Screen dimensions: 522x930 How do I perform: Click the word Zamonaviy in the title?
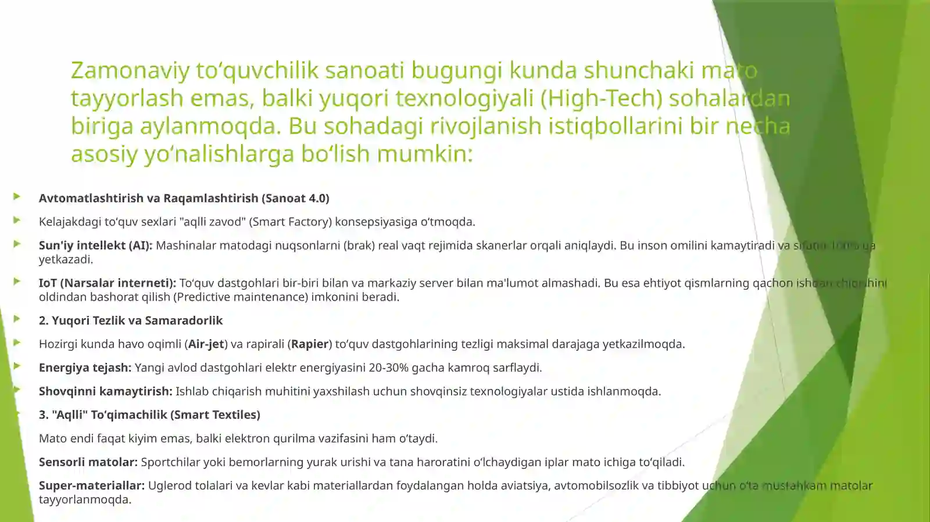[x=130, y=70]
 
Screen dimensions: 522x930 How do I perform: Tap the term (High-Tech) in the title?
[x=601, y=98]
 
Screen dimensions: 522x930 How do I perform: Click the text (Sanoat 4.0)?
[x=295, y=199]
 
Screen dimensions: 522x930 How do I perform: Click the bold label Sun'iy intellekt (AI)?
[x=95, y=246]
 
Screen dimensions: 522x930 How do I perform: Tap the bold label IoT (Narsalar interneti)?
[x=107, y=283]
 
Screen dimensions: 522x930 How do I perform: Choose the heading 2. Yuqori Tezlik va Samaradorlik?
[x=131, y=321]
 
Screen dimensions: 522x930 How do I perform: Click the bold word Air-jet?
[x=206, y=344]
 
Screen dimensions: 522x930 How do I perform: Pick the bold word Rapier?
[x=310, y=344]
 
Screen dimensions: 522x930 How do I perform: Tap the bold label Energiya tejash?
[x=85, y=368]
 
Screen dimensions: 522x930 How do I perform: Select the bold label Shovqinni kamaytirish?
[x=105, y=391]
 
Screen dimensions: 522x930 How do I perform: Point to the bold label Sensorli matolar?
[x=88, y=462]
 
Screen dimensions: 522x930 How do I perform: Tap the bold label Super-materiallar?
[x=91, y=486]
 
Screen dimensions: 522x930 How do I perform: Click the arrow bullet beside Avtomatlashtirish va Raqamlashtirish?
[x=17, y=197]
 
